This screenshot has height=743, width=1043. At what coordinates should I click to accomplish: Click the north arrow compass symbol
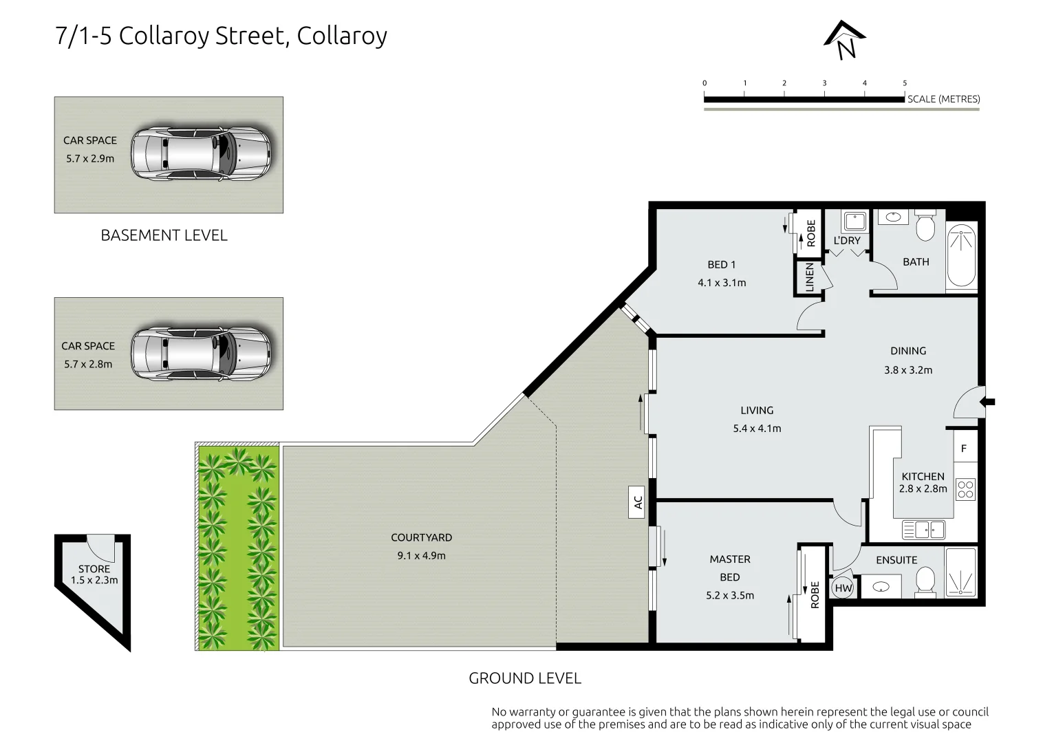(845, 40)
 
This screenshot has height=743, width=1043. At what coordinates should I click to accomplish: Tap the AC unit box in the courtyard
(638, 502)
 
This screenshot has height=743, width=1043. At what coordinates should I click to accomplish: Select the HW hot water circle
(843, 588)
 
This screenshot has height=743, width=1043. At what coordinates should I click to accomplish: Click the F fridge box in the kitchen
(964, 448)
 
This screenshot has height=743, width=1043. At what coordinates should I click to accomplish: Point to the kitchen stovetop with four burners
(965, 489)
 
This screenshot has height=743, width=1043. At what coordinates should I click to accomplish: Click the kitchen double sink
(923, 529)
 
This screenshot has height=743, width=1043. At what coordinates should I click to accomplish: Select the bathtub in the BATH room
(961, 257)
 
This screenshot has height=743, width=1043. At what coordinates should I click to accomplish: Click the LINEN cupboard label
(810, 277)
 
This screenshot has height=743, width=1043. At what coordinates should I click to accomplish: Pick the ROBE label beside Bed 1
(811, 233)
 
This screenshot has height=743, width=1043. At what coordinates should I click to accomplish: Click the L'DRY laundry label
(847, 240)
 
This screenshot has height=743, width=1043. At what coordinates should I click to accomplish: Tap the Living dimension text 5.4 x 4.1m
(757, 428)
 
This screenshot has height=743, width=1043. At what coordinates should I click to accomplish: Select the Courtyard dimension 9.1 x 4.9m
(421, 555)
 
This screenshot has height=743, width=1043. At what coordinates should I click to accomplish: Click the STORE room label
(94, 569)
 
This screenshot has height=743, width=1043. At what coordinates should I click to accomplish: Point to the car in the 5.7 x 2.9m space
(200, 153)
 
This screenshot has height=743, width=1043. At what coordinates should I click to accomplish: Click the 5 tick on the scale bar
(904, 83)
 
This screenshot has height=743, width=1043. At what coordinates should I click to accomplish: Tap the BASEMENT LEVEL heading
(164, 235)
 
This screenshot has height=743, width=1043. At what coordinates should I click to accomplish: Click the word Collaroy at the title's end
(341, 36)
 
